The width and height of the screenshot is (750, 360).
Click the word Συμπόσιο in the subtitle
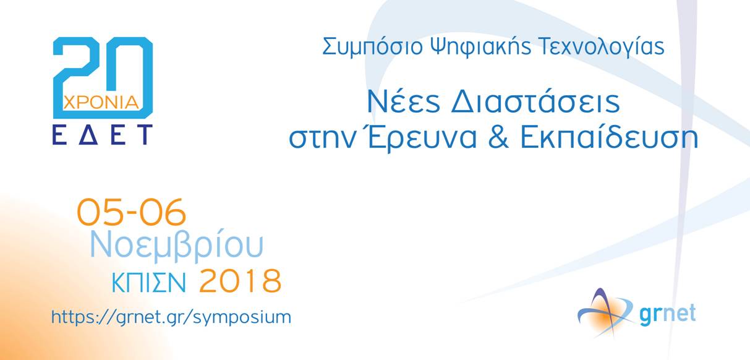(372, 47)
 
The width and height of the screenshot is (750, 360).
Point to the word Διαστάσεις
(535, 101)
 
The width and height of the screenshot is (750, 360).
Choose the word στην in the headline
(322, 139)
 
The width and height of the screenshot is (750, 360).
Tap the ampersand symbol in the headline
(498, 137)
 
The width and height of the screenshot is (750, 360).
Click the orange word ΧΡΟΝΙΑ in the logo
(101, 103)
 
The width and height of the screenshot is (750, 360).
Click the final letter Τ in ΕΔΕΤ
(145, 135)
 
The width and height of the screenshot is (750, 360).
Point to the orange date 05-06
(131, 212)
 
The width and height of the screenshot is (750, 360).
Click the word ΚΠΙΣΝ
(148, 283)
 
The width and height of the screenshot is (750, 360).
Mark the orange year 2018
(240, 281)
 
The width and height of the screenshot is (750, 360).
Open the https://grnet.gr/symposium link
(171, 317)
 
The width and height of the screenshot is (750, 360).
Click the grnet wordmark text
(668, 315)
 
